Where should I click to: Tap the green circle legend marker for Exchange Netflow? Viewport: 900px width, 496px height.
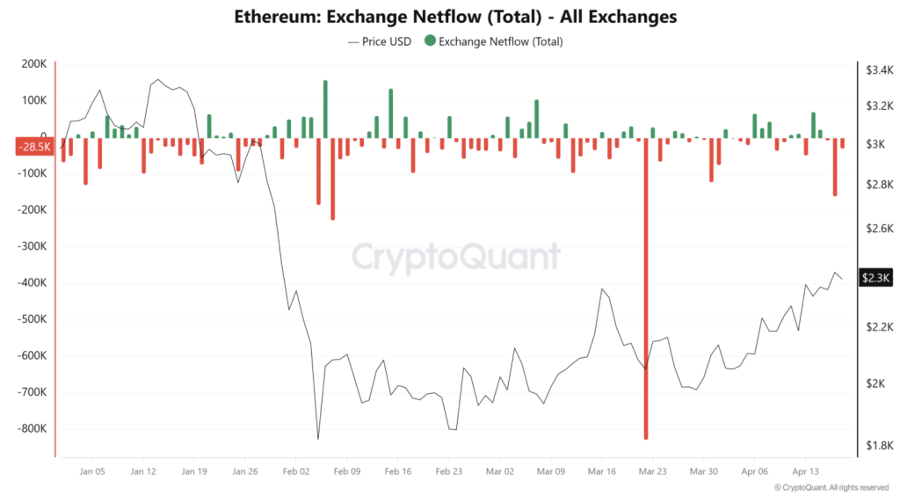(430, 40)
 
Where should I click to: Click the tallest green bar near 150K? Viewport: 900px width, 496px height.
(325, 109)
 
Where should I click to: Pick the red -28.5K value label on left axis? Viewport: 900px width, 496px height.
(33, 147)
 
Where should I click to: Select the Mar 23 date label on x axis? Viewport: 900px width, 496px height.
(652, 471)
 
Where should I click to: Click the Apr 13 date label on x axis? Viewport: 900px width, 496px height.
(805, 471)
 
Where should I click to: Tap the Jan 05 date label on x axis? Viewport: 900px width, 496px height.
(92, 471)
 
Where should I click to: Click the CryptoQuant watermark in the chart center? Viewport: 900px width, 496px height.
(455, 257)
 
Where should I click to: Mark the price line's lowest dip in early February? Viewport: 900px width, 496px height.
(318, 438)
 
